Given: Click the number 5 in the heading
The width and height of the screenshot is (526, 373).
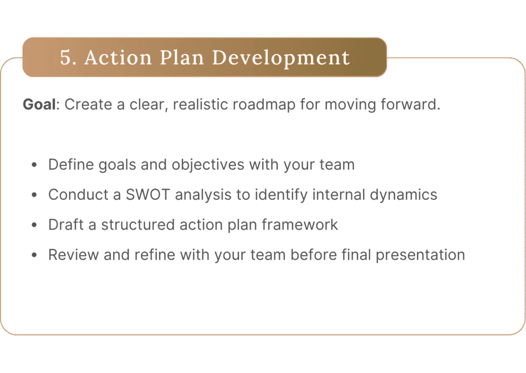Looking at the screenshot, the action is click(65, 58).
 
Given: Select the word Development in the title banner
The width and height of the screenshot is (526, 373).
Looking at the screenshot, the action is click(281, 58).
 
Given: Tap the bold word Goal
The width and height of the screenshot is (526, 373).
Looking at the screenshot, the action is click(39, 104).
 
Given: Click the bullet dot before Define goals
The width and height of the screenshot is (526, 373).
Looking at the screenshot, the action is click(34, 165).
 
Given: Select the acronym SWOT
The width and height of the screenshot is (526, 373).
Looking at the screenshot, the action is click(147, 195).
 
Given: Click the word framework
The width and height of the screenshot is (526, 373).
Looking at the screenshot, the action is click(300, 225).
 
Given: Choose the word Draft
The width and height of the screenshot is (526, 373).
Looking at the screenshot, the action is click(66, 225).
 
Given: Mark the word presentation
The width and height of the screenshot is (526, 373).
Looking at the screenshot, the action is click(420, 255).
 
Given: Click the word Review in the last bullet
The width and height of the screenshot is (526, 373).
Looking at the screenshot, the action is click(73, 255).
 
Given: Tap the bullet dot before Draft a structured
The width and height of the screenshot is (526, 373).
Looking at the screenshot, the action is click(34, 225).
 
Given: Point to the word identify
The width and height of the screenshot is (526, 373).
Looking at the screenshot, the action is click(281, 195).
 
